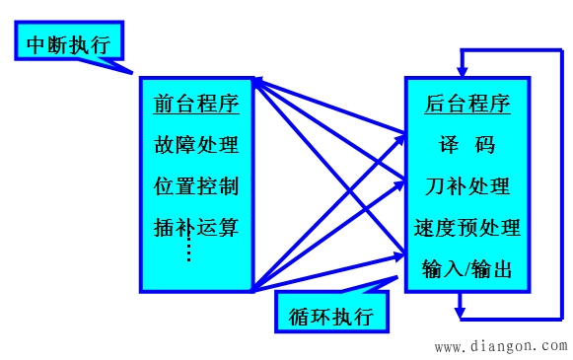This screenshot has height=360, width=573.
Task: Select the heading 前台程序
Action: click(196, 102)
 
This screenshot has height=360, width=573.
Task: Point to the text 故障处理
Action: click(196, 145)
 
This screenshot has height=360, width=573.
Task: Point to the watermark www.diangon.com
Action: click(500, 346)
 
